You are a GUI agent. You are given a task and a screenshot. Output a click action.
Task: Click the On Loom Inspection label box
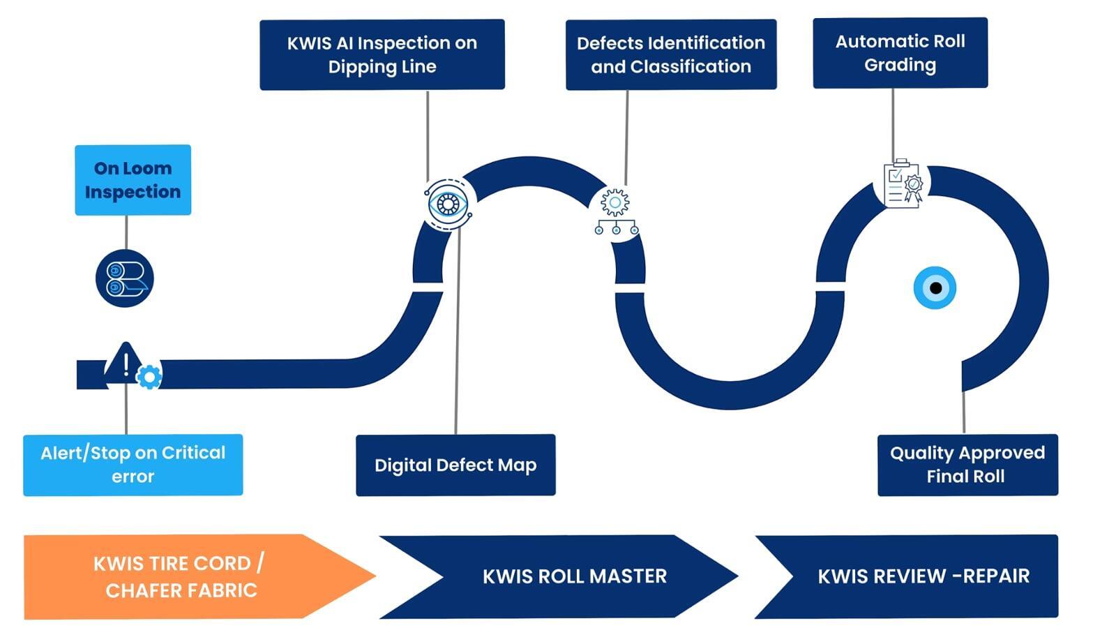(x=133, y=180)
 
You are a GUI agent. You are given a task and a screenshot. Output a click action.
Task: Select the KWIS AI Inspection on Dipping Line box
(x=382, y=54)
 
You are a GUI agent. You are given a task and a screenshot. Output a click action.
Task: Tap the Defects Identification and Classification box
(x=670, y=54)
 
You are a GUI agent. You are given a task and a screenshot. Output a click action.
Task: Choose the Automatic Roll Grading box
(x=900, y=53)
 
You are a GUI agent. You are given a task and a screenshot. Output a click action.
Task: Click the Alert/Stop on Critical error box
(x=133, y=465)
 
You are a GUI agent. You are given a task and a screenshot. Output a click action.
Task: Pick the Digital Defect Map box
(x=455, y=465)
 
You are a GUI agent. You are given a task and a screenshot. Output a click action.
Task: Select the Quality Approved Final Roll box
(x=967, y=465)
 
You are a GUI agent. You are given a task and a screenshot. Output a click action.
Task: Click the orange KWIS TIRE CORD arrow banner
(x=181, y=576)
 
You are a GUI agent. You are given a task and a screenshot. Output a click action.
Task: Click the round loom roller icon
(x=125, y=278)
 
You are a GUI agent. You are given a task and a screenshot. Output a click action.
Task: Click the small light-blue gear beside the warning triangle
(x=149, y=377)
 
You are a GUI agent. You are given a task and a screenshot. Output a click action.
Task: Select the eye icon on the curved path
(x=448, y=204)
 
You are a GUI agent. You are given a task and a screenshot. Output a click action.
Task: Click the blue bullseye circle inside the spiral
(x=935, y=287)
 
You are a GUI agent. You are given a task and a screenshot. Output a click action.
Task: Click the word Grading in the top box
(x=900, y=65)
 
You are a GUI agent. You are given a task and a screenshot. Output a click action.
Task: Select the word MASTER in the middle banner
(x=628, y=576)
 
